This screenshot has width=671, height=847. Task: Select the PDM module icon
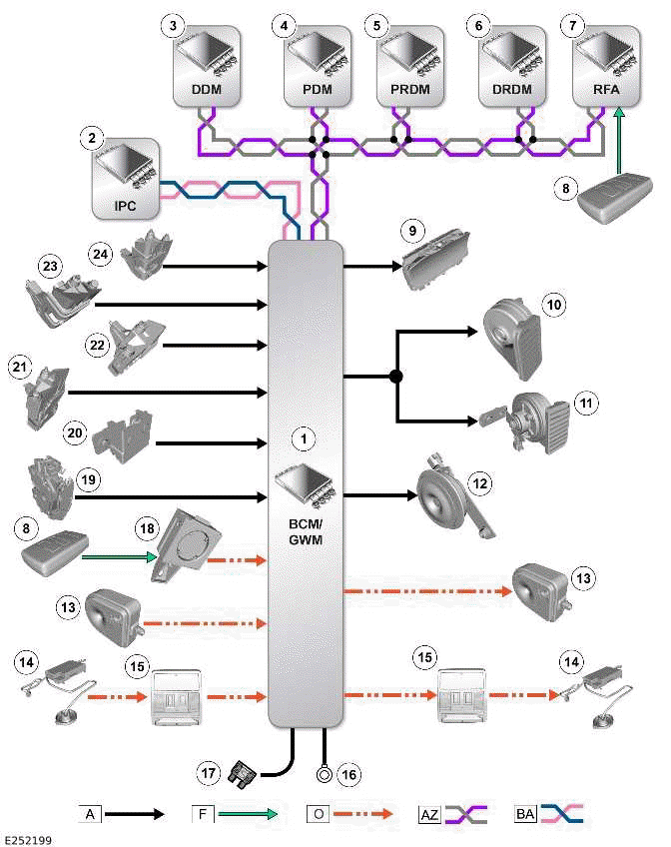pos(316,64)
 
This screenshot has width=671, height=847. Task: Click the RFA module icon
pos(608,64)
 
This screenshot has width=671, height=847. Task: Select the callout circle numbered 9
pos(411,229)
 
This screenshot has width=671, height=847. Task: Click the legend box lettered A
pos(91,814)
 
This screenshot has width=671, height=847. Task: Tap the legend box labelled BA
pos(523,814)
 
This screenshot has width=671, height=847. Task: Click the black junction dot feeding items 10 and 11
pos(396,377)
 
